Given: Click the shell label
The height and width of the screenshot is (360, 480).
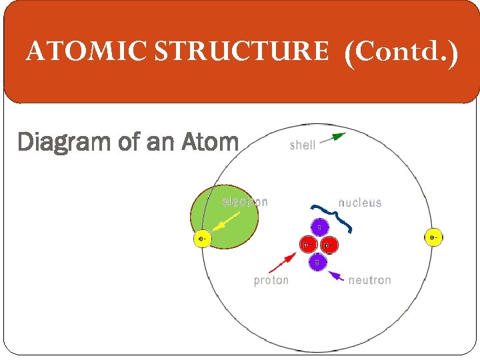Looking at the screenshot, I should [302, 145].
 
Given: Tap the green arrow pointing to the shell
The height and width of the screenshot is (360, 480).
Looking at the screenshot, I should [331, 139].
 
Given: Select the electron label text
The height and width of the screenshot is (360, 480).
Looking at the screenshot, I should [245, 202].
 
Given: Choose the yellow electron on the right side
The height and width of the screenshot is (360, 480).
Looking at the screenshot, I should [433, 237].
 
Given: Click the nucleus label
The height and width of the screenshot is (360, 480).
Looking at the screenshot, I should [360, 202].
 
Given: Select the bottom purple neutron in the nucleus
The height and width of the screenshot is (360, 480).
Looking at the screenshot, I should [318, 263].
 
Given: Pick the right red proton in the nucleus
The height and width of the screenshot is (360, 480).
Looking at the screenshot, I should [328, 245].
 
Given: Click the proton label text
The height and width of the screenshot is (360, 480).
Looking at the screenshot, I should [271, 281].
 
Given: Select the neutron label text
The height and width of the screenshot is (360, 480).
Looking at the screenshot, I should [369, 281].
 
